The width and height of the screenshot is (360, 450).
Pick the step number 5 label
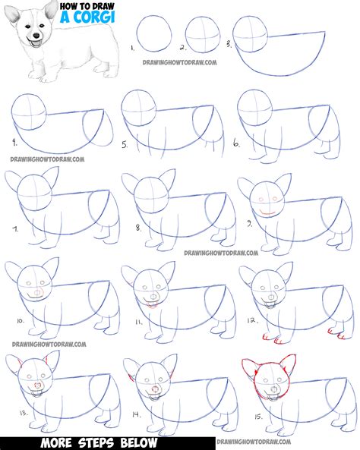pyautogui.click(x=124, y=143)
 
